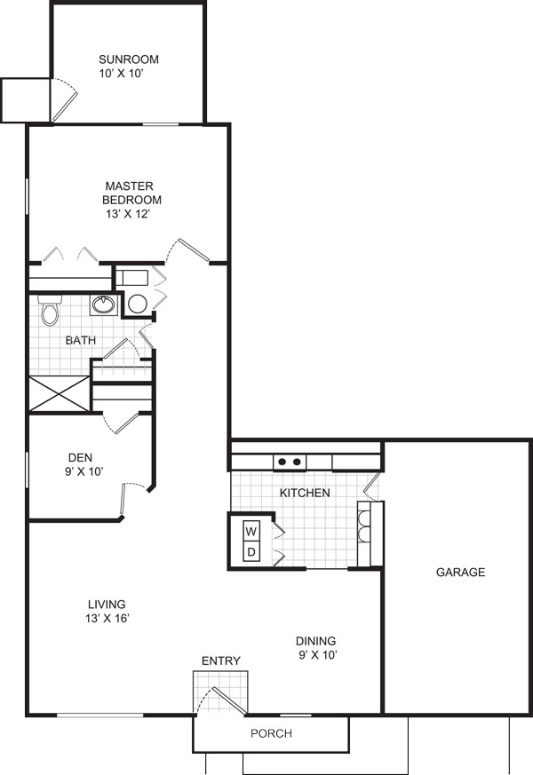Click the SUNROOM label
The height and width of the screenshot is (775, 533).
click(129, 59)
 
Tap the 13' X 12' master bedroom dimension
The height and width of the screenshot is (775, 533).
click(128, 214)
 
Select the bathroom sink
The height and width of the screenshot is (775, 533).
click(104, 304)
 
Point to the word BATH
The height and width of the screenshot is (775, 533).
click(81, 340)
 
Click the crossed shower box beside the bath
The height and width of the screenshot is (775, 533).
click(60, 394)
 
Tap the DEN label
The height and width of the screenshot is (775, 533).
click(80, 457)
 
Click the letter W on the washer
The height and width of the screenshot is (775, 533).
click(251, 532)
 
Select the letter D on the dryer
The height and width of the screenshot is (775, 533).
click(251, 552)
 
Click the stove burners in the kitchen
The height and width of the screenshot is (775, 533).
click(290, 462)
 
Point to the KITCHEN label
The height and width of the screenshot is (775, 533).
click(305, 493)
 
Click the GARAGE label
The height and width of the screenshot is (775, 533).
click(460, 572)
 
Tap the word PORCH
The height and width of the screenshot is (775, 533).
click(271, 733)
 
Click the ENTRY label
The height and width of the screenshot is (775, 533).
click(221, 660)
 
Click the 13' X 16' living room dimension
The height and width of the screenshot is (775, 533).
click(107, 618)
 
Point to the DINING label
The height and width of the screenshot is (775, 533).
click(315, 641)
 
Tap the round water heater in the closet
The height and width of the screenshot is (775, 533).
click(137, 304)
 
